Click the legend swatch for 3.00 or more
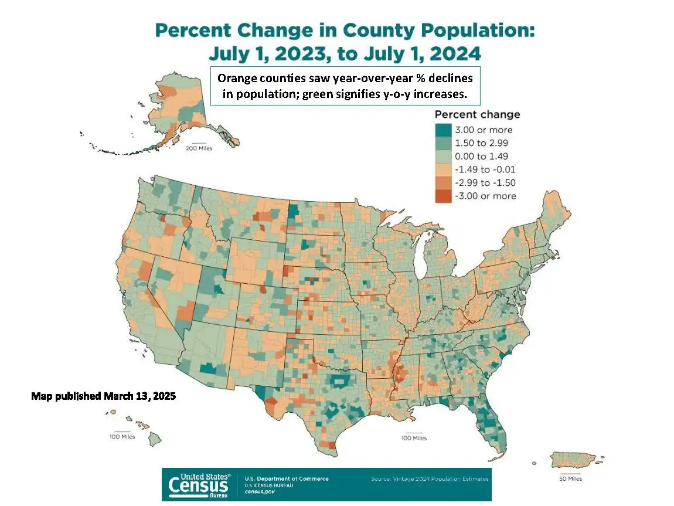tap(443, 130)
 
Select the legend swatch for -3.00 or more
tap(443, 196)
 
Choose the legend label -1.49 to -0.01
tap(484, 169)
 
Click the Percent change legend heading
tap(477, 115)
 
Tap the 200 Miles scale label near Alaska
tap(199, 148)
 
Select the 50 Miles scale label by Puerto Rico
tap(570, 479)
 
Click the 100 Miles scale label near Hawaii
tap(122, 437)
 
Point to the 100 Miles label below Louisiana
tap(414, 438)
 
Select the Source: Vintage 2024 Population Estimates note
tap(430, 479)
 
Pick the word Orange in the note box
tap(234, 79)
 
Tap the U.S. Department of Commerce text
tap(287, 478)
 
